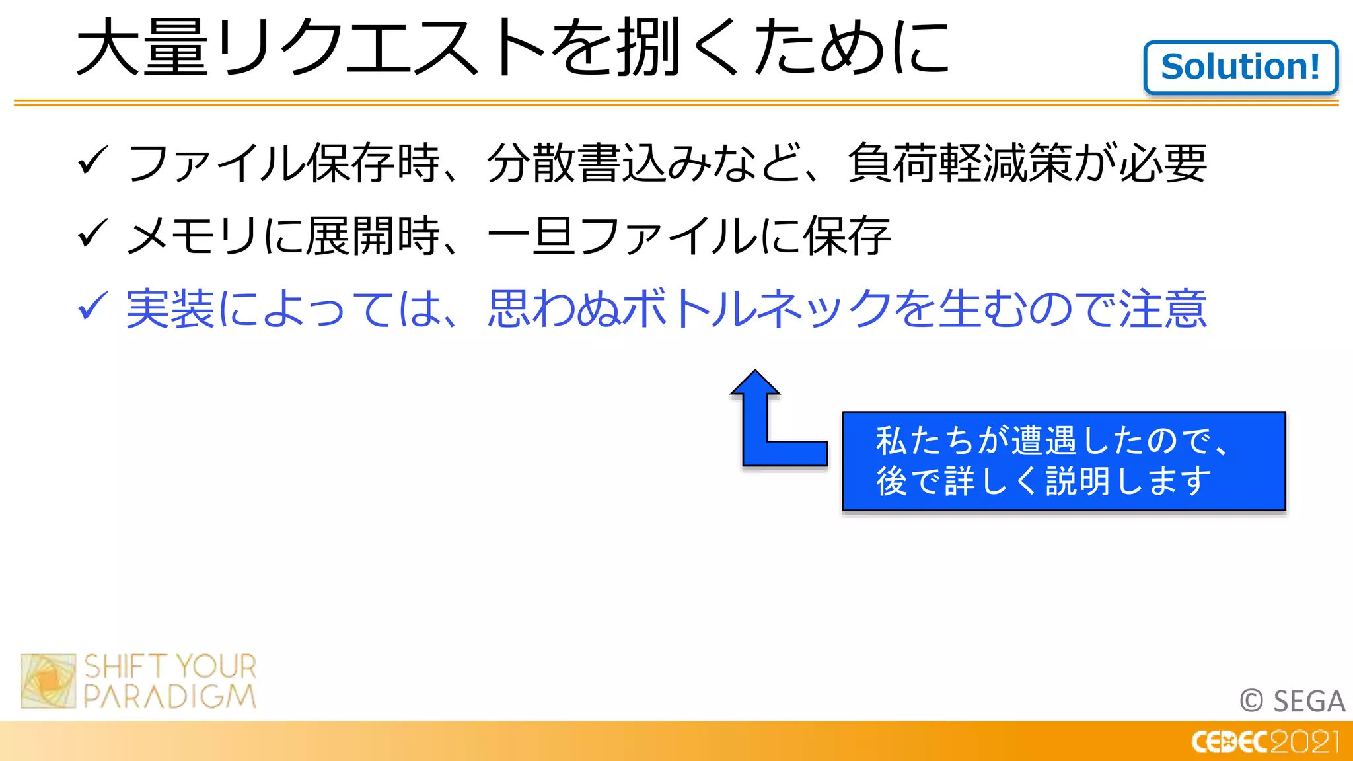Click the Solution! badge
click(x=1241, y=67)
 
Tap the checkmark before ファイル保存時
click(x=92, y=161)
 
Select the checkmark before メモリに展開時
click(x=92, y=234)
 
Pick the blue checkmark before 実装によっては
click(x=92, y=307)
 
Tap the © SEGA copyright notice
click(x=1292, y=701)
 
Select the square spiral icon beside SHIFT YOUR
click(x=48, y=681)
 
